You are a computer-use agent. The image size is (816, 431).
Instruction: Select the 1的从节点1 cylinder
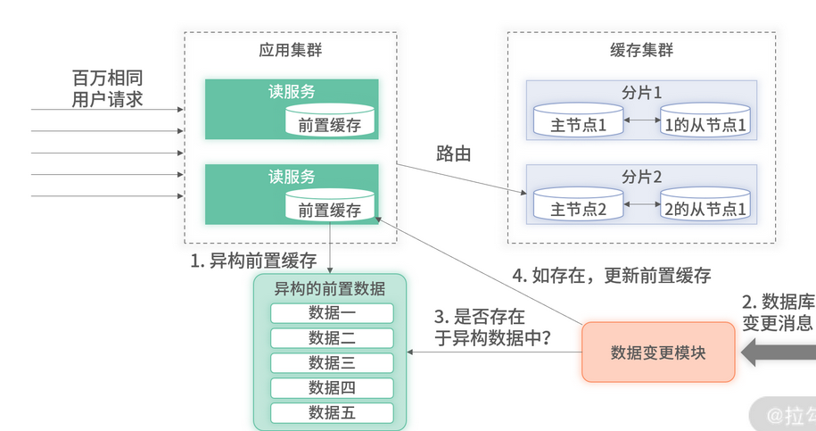pos(705,123)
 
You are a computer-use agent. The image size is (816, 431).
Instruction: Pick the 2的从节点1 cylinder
pos(705,208)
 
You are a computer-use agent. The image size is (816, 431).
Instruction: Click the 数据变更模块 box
pos(658,352)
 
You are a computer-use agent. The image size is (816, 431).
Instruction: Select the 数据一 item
pos(332,313)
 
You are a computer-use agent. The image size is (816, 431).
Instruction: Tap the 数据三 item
pos(332,363)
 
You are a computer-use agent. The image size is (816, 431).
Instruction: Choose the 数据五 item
pos(332,413)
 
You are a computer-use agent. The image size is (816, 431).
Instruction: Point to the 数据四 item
pos(332,388)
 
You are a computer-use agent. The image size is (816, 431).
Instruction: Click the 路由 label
pos(453,153)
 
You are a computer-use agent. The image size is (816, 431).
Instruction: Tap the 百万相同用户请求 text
pos(107,87)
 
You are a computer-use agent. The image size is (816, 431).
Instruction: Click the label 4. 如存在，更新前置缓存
pos(612,275)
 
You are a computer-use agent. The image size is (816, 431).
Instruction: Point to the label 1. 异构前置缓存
pos(253,261)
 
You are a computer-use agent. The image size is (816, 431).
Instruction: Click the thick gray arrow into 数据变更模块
pos(778,352)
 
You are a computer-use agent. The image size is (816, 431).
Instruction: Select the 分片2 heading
pos(641,176)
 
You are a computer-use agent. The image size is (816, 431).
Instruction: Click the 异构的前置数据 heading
pos(330,288)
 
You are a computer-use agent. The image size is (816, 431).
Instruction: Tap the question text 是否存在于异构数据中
pos(491,327)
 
